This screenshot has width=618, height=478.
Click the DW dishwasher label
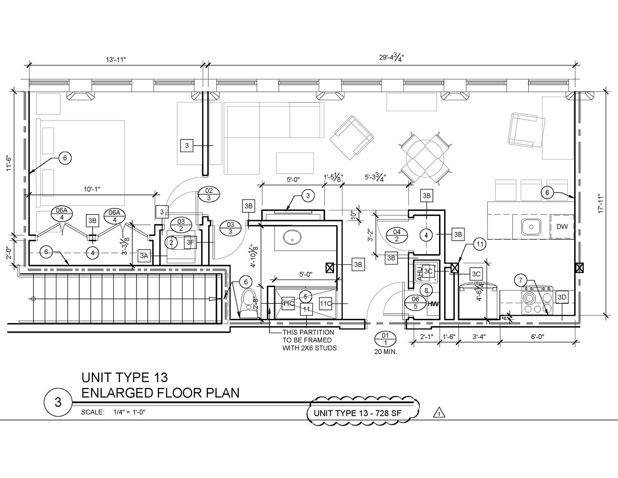(x=562, y=226)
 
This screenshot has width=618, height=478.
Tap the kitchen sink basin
(x=531, y=227)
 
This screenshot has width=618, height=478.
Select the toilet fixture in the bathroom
(x=248, y=303)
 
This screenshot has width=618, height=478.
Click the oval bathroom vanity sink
(x=292, y=238)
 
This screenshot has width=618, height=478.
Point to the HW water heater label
(x=433, y=304)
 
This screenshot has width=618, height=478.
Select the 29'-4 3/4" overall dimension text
(x=391, y=58)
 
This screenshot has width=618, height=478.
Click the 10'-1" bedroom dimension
(x=92, y=189)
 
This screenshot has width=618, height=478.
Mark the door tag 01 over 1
(x=385, y=339)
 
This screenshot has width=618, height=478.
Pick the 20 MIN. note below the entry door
(x=386, y=352)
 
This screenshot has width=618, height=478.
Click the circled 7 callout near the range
(x=521, y=280)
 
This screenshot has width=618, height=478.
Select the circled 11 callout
(x=480, y=244)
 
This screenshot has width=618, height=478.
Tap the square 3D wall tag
(x=562, y=297)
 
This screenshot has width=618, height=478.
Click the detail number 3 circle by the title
(x=58, y=402)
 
